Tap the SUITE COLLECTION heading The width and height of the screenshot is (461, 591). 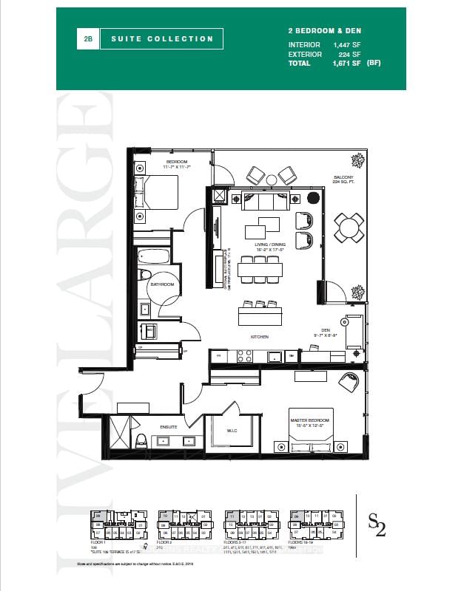(x=162, y=39)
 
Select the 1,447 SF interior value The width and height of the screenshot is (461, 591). (x=346, y=44)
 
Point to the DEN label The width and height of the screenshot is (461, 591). (x=324, y=330)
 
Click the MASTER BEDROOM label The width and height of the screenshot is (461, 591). (x=309, y=422)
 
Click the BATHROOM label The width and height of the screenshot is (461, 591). (x=161, y=284)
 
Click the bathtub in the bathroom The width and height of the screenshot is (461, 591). (x=154, y=259)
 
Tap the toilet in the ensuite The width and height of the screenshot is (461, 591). (x=141, y=440)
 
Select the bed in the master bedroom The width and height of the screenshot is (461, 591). (x=306, y=443)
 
